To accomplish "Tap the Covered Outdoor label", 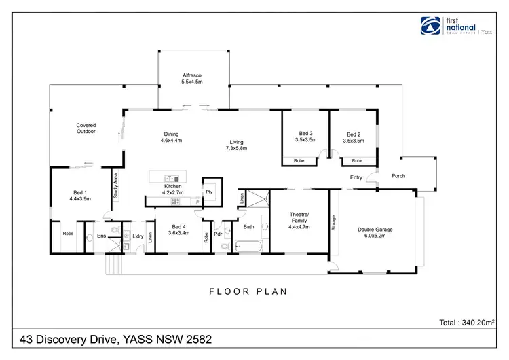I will (86, 128).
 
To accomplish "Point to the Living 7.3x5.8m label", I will (237, 145).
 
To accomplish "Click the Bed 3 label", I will (305, 137).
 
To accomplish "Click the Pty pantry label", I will (210, 192).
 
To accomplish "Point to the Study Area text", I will (116, 185).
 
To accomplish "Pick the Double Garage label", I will (375, 233).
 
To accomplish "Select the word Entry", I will (356, 178).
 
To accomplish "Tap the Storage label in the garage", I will (334, 223).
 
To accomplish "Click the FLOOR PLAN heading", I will (247, 292).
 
